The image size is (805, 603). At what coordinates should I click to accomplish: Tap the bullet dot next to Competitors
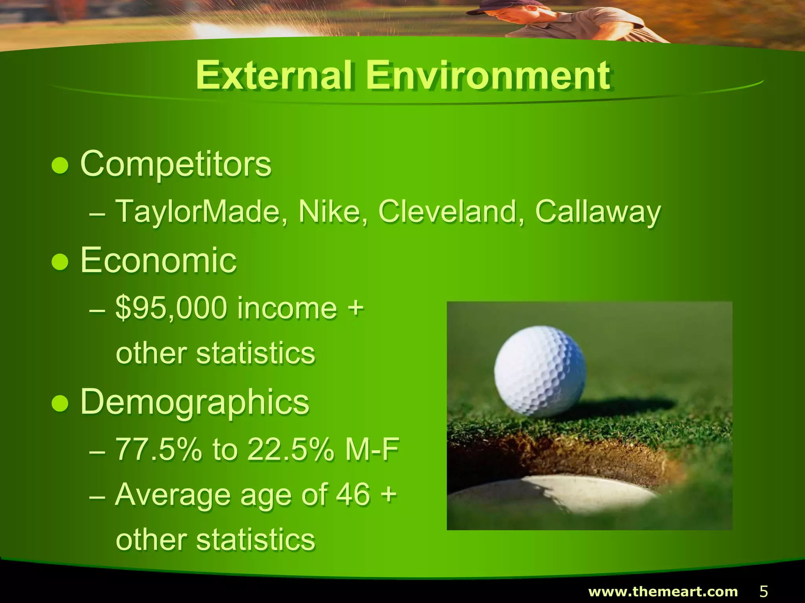point(60,165)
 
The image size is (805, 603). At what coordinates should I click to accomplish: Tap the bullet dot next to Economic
point(60,262)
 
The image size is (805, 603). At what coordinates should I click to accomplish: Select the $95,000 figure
point(171,309)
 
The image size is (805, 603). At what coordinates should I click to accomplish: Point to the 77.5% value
point(158,450)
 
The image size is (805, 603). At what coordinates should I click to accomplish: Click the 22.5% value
point(290,450)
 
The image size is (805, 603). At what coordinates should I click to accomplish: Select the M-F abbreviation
point(372,450)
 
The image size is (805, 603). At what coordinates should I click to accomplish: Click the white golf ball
point(540,371)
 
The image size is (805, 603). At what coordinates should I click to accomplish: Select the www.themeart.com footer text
point(663,591)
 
